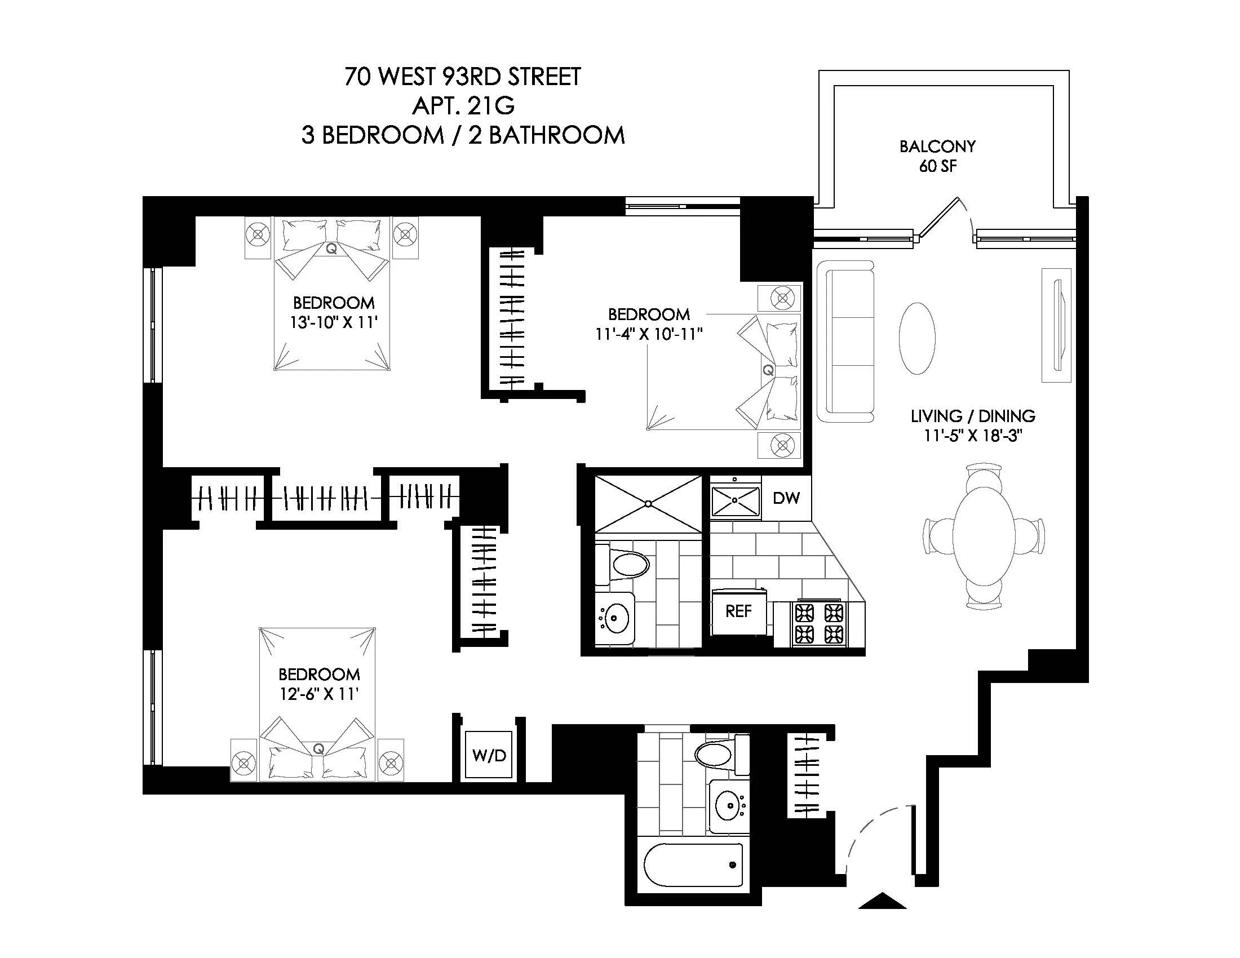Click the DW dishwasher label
point(786,498)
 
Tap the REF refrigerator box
point(738,611)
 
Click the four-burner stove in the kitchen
point(819,623)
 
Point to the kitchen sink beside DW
point(735,500)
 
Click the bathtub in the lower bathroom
point(693,865)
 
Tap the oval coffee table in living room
point(917,338)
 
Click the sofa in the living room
point(845,341)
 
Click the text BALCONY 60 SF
point(937,156)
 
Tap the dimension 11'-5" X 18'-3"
point(973,436)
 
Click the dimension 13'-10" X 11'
point(333,322)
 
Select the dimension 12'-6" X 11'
point(319,694)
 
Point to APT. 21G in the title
point(463,105)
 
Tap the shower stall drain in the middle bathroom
point(648,503)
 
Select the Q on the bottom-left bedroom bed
point(318,748)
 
